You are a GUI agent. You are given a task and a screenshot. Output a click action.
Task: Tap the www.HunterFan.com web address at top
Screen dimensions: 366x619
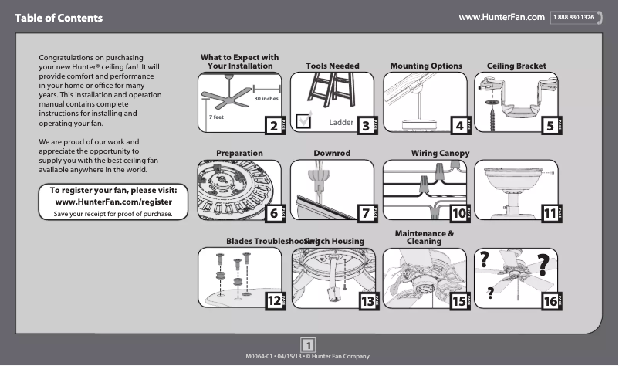(502, 17)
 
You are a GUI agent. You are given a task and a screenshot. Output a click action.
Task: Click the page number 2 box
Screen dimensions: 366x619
(272, 126)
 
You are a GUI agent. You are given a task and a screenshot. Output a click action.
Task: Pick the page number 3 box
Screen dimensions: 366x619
(366, 126)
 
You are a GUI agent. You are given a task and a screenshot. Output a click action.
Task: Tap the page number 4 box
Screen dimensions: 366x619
(460, 126)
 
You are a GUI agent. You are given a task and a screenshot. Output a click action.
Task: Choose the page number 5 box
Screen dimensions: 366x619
(550, 126)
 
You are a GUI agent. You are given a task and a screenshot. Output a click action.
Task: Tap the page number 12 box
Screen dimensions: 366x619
(272, 301)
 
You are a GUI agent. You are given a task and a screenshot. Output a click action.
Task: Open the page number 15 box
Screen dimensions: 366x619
(460, 301)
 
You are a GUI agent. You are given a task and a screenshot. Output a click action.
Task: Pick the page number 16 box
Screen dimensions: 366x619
(550, 301)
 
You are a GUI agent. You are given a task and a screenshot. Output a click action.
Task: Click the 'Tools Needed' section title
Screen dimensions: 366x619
(333, 66)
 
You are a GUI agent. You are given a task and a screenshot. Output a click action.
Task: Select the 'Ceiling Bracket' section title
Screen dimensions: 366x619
(516, 66)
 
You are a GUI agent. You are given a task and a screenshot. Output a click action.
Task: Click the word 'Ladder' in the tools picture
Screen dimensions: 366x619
(341, 123)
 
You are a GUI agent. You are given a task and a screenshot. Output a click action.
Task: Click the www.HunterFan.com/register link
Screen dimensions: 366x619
(114, 201)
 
